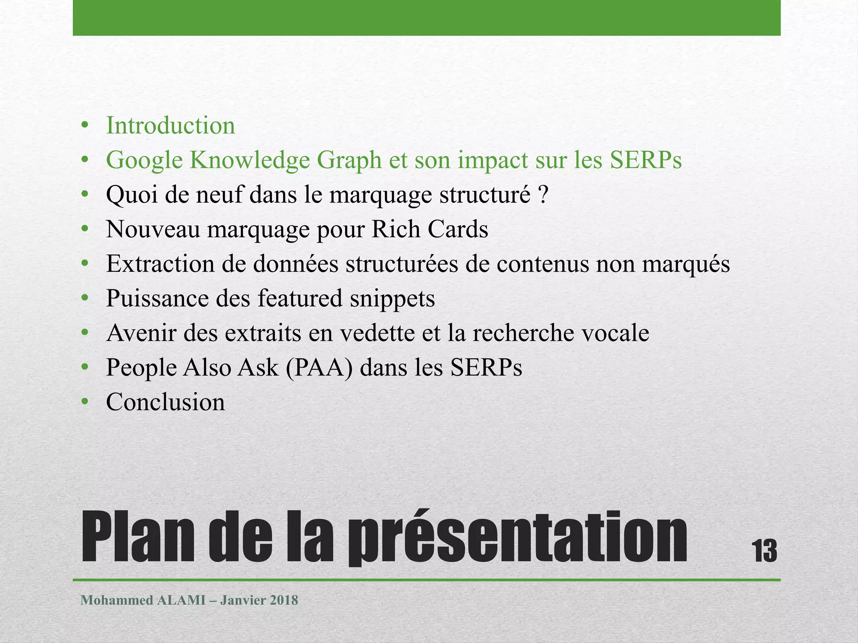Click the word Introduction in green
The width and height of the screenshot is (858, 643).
click(171, 126)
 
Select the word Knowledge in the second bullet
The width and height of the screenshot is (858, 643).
click(249, 160)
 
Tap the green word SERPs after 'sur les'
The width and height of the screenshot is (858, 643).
click(646, 160)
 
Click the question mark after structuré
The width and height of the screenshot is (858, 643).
click(543, 195)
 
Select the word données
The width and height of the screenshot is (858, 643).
click(295, 264)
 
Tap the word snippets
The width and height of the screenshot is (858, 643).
click(392, 299)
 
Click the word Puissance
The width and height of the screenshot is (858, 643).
click(157, 299)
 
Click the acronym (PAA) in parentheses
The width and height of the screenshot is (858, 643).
click(319, 368)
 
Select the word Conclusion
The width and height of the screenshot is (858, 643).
click(165, 402)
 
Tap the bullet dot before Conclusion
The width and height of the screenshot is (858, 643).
click(85, 402)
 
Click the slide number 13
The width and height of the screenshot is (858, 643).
click(765, 551)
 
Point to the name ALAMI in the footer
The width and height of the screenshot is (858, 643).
click(181, 600)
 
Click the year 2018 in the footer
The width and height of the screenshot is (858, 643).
click(284, 600)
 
